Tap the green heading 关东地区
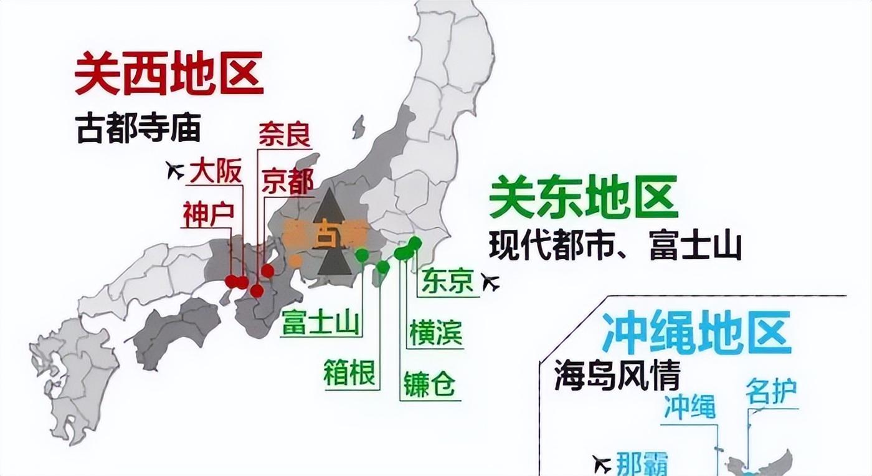pyautogui.click(x=583, y=197)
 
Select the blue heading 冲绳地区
pyautogui.click(x=696, y=333)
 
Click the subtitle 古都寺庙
pyautogui.click(x=139, y=128)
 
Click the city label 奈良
pyautogui.click(x=284, y=134)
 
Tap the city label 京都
pyautogui.click(x=287, y=181)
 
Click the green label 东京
pyautogui.click(x=447, y=282)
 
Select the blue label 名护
pyautogui.click(x=771, y=393)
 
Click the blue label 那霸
pyautogui.click(x=642, y=464)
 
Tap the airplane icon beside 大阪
pyautogui.click(x=176, y=169)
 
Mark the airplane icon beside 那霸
pyautogui.click(x=602, y=464)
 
